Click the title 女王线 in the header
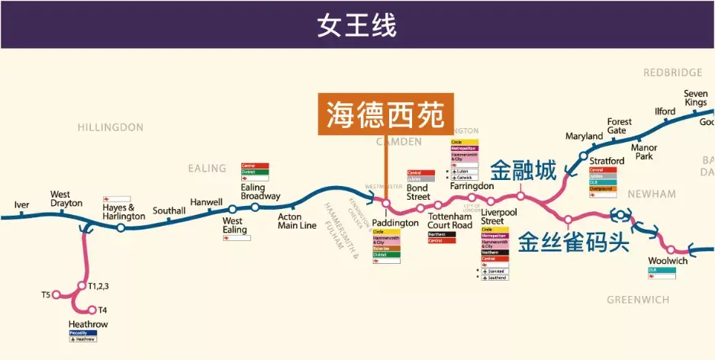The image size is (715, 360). point(357,24)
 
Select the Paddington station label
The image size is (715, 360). point(395,223)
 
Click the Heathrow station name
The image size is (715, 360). point(88,324)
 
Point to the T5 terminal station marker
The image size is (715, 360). point(56,294)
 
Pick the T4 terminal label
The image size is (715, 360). point(102,310)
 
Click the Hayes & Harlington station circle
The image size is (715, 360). point(121,227)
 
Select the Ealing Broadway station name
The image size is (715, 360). point(260,191)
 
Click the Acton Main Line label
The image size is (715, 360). point(297,220)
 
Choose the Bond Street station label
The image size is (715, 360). point(417,191)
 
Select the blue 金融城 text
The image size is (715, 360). point(523,171)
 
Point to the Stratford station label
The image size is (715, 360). point(607,161)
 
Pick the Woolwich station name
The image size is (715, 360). point(668,261)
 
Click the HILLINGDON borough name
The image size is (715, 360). point(110,127)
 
